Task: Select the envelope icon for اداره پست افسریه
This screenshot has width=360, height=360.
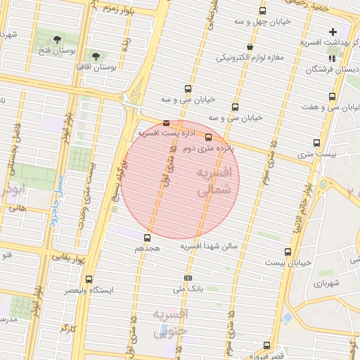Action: point(166,122)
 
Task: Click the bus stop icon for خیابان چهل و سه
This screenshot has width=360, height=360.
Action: point(262,11)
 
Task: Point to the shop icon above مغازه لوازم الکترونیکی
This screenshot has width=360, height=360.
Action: point(250,47)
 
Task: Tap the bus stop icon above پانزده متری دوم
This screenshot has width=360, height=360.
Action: point(207,137)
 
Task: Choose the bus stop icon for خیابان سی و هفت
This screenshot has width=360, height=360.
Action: point(332,96)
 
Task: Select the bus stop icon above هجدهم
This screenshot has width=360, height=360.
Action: point(147,238)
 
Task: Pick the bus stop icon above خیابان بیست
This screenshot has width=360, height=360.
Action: point(288,252)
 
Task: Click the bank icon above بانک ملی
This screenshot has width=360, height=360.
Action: point(187,278)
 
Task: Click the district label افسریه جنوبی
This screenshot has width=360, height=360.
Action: point(169,322)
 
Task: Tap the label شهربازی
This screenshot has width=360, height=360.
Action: point(328,283)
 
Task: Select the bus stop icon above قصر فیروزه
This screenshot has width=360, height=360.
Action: point(266,345)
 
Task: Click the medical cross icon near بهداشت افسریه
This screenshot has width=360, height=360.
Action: point(333,32)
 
